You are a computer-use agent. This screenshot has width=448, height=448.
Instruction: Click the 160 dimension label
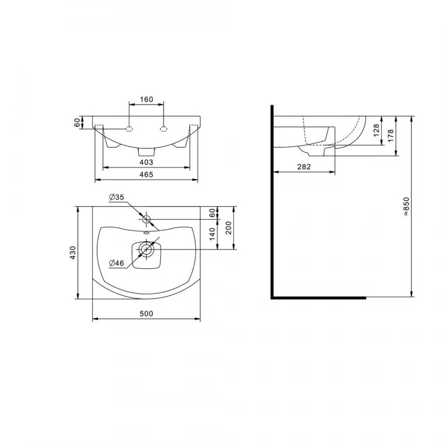(x=146, y=100)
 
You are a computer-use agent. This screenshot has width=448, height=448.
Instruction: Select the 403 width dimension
(x=146, y=162)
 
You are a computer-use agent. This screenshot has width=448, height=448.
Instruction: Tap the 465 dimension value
(x=146, y=174)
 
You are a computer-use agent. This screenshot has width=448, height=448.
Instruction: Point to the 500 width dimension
(x=146, y=314)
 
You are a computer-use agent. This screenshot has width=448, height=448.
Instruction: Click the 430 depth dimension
(x=72, y=253)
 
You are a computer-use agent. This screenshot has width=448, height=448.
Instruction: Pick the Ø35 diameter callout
(x=116, y=198)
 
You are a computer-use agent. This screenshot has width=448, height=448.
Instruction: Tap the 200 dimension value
(x=228, y=228)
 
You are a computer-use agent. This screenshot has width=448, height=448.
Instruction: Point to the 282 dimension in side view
(x=304, y=167)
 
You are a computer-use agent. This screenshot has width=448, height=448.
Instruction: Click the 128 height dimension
(x=377, y=130)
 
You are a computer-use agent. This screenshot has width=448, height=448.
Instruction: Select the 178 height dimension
(x=391, y=135)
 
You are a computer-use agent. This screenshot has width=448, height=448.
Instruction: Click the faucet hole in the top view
(x=146, y=219)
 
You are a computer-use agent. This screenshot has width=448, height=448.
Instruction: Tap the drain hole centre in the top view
(x=146, y=249)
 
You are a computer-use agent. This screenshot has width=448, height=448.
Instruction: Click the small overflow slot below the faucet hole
(x=146, y=232)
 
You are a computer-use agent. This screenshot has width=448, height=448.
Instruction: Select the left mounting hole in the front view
(x=129, y=129)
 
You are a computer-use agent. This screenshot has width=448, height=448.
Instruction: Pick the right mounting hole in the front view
(x=163, y=129)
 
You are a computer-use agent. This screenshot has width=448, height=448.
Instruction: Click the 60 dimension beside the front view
(x=77, y=122)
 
